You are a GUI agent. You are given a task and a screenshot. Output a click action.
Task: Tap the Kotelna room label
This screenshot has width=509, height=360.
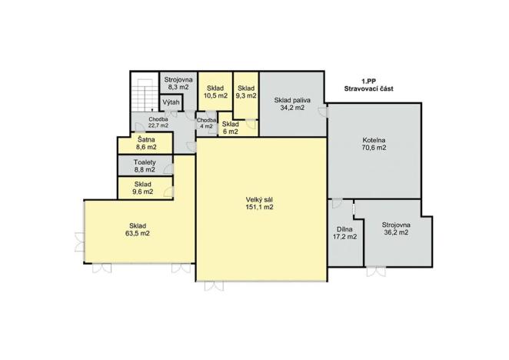coord(375,140)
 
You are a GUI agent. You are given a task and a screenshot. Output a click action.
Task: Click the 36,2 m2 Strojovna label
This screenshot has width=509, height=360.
coord(396,229)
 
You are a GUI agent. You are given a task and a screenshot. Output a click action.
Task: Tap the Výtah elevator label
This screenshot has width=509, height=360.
coord(171,103)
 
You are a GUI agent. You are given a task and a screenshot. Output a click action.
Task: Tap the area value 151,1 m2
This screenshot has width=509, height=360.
coord(260,207)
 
